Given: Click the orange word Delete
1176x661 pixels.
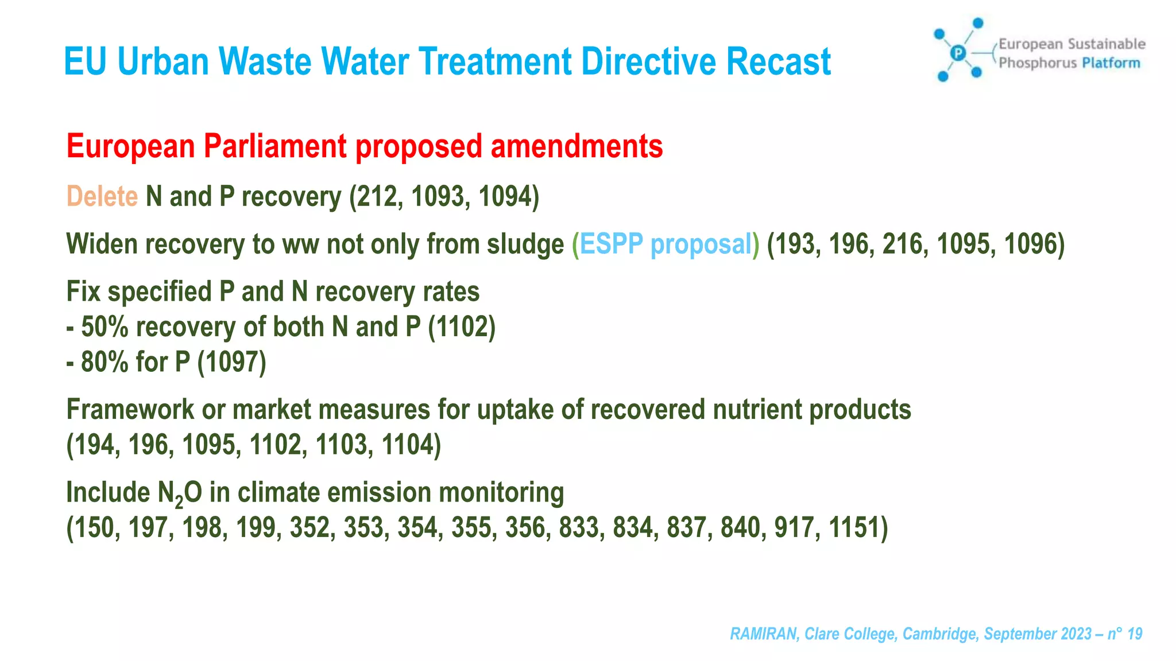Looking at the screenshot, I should (x=102, y=197).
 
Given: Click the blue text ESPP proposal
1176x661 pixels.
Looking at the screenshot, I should (x=666, y=244).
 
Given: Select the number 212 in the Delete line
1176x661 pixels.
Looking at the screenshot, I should (x=378, y=197).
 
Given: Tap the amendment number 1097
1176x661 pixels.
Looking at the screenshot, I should (x=231, y=362).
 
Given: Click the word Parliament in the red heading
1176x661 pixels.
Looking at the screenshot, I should (x=275, y=146).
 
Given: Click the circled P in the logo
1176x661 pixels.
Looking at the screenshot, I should (x=957, y=53).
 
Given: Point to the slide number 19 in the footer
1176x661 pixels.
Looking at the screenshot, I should (x=1135, y=634).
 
